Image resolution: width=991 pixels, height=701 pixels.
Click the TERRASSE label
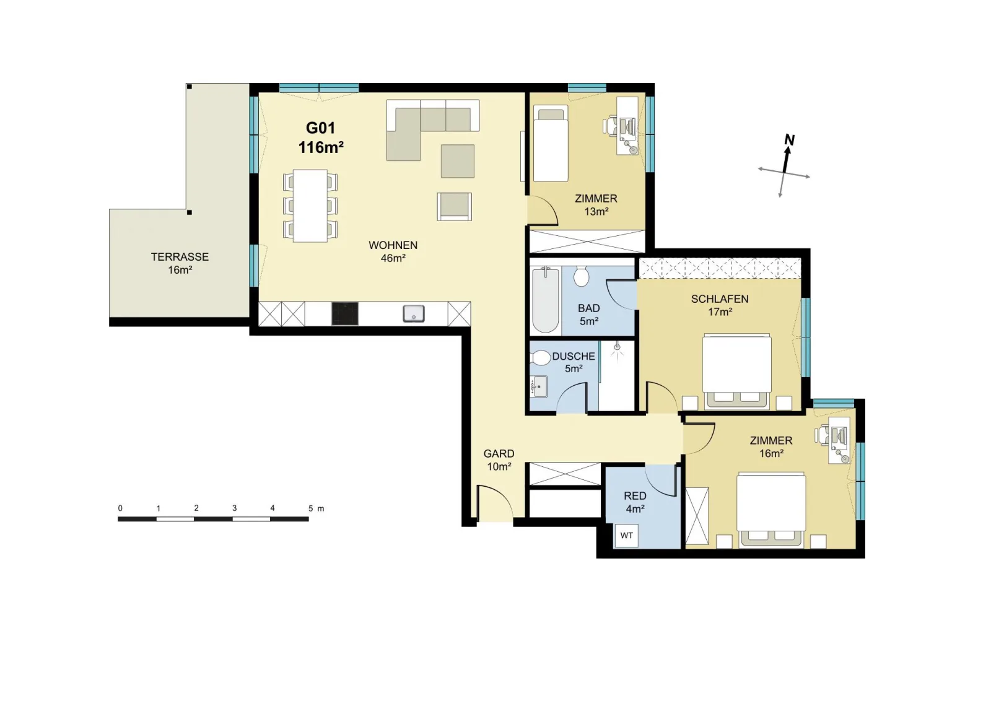coord(180,257)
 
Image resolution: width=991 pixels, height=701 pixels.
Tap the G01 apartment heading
coord(321,128)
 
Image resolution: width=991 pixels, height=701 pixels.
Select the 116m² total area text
coord(321,147)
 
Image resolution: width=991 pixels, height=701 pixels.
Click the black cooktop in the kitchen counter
coord(345,313)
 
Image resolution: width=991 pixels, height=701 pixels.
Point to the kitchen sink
coord(414,313)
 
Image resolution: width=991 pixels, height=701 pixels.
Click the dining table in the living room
coord(310,206)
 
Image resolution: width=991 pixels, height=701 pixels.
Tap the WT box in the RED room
coord(626,536)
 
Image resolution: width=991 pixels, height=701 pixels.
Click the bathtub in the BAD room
coord(546,299)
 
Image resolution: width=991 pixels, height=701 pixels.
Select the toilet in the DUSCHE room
coord(539,357)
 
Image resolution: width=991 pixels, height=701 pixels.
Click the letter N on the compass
coord(789,140)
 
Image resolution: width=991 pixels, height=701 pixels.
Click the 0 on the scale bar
coord(120,508)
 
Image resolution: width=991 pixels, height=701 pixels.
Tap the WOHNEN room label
coord(393,245)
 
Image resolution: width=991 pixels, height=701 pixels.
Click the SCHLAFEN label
coord(720,300)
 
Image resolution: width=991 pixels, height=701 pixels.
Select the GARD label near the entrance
coord(499,454)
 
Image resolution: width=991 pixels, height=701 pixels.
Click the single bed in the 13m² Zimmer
coord(551,143)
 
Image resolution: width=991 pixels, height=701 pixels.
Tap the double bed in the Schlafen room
coord(737,370)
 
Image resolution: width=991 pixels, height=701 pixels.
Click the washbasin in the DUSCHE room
coord(539,387)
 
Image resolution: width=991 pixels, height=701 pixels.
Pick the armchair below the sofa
coord(455,207)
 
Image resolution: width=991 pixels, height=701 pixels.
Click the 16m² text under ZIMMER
coord(772,454)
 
